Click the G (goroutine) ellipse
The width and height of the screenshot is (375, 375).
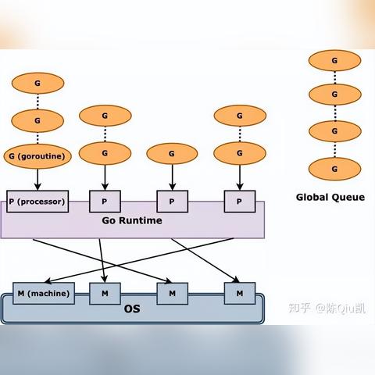37,156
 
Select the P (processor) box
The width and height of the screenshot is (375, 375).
37,202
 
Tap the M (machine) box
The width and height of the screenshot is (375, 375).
44,294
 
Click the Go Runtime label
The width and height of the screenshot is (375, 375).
132,220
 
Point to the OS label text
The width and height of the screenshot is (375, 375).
132,309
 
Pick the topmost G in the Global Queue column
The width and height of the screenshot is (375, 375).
334,61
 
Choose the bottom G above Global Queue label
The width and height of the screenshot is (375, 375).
334,169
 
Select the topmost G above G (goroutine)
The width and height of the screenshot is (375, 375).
37,84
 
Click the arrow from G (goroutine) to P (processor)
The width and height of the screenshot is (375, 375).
37,180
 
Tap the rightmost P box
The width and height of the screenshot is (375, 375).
240,202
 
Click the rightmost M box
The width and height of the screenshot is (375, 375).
240,294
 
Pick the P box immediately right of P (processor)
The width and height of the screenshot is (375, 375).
105,202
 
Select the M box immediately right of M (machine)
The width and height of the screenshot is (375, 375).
105,294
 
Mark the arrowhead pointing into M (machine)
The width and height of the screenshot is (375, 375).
48,280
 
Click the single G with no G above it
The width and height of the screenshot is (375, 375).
172,154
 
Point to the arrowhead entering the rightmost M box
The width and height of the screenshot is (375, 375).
236,280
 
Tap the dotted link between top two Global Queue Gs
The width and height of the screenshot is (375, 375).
335,77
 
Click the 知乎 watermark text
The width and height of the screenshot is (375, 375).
299,308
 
